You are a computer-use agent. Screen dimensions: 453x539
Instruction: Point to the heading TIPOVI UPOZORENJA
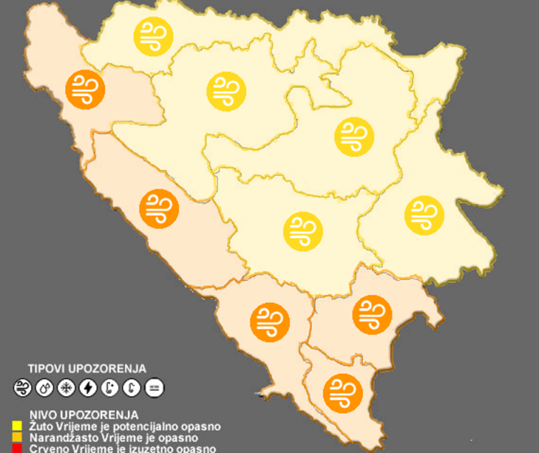coord(87,368)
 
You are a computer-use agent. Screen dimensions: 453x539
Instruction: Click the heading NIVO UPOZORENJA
coord(84,415)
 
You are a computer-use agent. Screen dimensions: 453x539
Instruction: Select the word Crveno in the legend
coord(47,449)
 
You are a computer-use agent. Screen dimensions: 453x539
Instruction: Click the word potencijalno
coord(144,426)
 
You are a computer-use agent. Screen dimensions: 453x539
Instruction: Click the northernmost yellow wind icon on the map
coord(153,34)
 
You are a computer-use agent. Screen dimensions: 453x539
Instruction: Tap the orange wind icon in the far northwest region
coord(85,88)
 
